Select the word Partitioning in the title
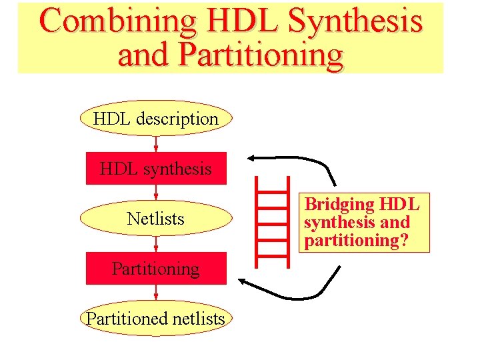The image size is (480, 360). (x=260, y=55)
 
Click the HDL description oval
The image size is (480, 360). (x=156, y=119)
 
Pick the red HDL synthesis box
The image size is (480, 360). (x=156, y=169)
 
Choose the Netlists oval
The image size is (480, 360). (x=156, y=219)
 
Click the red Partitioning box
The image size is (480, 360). (x=156, y=269)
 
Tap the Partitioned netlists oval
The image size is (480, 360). (x=156, y=319)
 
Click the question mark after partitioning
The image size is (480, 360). (x=403, y=241)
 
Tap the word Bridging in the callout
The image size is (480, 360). (x=339, y=204)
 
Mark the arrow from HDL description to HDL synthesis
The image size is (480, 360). (x=156, y=143)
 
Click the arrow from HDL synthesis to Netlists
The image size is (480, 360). (x=156, y=193)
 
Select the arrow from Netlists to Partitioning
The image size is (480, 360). (x=156, y=243)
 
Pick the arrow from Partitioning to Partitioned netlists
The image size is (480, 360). (x=156, y=293)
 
